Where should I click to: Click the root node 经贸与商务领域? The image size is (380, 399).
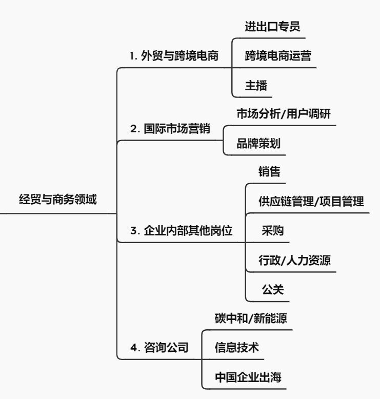[58, 199]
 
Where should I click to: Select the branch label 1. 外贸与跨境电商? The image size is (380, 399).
[174, 56]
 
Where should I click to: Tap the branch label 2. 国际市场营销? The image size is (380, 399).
[170, 129]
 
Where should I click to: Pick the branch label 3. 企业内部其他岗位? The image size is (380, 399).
[181, 231]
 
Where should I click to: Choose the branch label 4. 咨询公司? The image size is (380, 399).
[159, 347]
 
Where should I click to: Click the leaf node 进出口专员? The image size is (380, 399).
[272, 27]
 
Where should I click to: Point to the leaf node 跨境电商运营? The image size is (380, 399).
[278, 56]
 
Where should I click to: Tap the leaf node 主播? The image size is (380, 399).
[256, 85]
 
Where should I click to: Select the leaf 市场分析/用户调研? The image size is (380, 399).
[284, 113]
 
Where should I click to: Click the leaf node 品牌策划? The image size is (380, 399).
[258, 143]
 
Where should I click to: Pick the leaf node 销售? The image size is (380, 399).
[270, 171]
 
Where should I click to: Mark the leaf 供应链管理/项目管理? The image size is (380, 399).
[311, 201]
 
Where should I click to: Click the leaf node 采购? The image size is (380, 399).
[273, 231]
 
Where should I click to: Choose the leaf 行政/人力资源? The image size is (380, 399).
[294, 261]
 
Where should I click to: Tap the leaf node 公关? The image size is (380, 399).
[273, 290]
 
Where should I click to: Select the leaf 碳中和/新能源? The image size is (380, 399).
[251, 318]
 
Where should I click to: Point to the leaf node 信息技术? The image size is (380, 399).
[237, 347]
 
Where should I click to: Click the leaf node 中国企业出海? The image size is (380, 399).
[248, 377]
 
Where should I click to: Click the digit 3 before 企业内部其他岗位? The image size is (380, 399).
[134, 231]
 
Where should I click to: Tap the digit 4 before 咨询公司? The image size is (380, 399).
[134, 348]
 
